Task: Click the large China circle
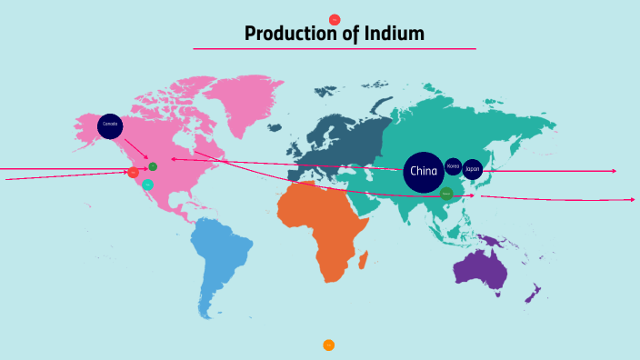pos(424,171)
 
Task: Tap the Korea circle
pos(453,167)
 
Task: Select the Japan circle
pos(473,169)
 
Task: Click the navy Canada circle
pos(110,125)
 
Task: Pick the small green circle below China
pos(446,193)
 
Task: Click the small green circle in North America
pos(153,166)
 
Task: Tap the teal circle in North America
pos(148,185)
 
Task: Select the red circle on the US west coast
pos(134,172)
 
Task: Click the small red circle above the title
pos(335,19)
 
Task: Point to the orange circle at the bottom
pos(328,345)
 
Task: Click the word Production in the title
pos(289,35)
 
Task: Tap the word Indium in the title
pos(393,35)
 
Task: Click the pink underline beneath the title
pos(335,49)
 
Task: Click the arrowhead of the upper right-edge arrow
pos(615,171)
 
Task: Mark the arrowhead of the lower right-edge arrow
pos(633,199)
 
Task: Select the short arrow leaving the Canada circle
pos(136,147)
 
